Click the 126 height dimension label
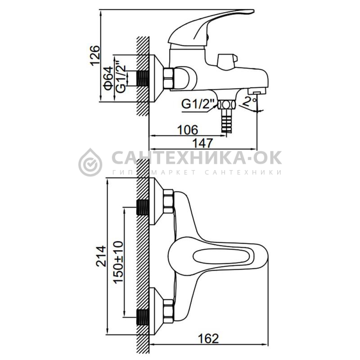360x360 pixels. coord(95,55)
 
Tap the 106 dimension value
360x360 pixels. coord(188,130)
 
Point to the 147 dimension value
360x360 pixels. coord(202,143)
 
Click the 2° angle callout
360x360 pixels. coord(250,101)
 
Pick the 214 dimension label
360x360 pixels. coord(101,256)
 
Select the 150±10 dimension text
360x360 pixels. coord(119,262)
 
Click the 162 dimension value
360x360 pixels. coord(208,339)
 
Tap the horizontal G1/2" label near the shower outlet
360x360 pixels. coord(198,104)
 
